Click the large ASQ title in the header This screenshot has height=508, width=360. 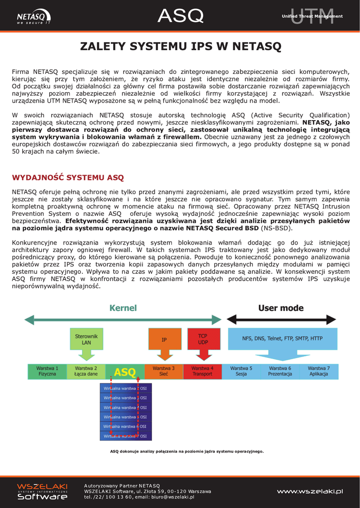click(x=180, y=16)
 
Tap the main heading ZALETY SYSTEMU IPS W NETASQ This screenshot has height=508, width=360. click(x=180, y=47)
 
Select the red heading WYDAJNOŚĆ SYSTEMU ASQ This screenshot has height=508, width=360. click(x=68, y=177)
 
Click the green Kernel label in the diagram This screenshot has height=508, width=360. click(x=123, y=308)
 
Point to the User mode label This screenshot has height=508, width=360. click(x=281, y=308)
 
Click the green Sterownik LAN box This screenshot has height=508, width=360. click(x=86, y=339)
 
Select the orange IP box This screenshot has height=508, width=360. click(x=164, y=340)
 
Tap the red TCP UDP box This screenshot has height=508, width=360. click(x=203, y=339)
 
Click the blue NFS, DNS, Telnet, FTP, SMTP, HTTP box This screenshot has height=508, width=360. click(x=282, y=339)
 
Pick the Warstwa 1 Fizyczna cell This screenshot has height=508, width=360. click(x=47, y=371)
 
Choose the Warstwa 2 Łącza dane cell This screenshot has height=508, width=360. click(x=86, y=371)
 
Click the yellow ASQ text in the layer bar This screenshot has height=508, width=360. click(x=125, y=372)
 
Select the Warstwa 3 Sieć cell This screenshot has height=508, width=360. click(x=163, y=371)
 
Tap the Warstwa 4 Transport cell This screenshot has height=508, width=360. click(x=203, y=371)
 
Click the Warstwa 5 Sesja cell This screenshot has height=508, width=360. click(x=241, y=371)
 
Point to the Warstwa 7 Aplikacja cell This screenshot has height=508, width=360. click(x=318, y=371)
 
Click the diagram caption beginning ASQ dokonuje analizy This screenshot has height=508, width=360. click(x=187, y=451)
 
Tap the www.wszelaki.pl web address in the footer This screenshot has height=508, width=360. click(x=310, y=491)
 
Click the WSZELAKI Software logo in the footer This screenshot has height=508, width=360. click(x=42, y=491)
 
